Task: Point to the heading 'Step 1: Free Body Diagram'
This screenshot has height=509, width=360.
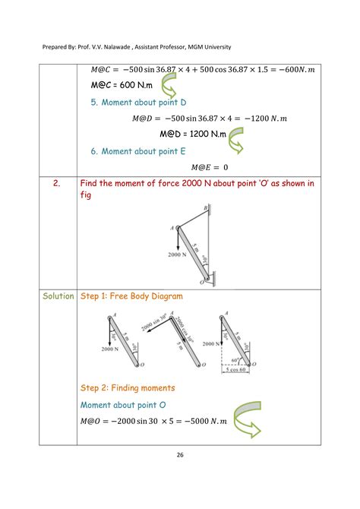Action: (x=131, y=296)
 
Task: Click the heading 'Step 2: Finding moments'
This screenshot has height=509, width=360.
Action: (x=127, y=387)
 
